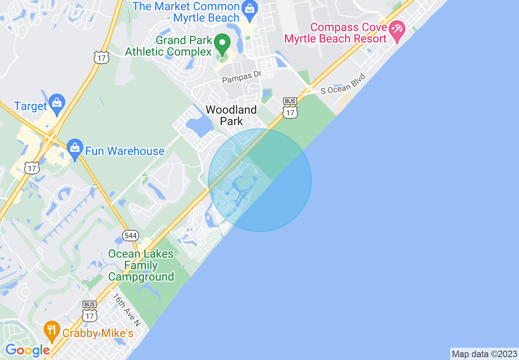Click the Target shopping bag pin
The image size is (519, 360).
(x=56, y=104)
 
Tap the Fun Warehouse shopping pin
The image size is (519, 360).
(x=74, y=149)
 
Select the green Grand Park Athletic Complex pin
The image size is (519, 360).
(x=222, y=44)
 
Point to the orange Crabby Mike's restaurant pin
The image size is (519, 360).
(x=51, y=331)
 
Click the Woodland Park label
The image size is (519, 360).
(x=231, y=115)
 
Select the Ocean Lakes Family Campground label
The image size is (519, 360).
(x=141, y=265)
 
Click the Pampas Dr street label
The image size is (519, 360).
(x=241, y=77)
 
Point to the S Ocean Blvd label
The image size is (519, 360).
(x=342, y=84)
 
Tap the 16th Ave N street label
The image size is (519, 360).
(x=127, y=309)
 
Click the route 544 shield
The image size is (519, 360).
(x=131, y=236)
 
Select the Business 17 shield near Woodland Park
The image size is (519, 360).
(x=290, y=109)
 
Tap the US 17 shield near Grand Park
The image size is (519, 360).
(x=101, y=58)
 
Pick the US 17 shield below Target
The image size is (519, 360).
(x=32, y=168)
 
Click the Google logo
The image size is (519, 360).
(x=27, y=350)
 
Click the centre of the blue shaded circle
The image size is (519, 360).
(x=260, y=180)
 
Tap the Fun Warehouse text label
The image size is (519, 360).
(x=125, y=151)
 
